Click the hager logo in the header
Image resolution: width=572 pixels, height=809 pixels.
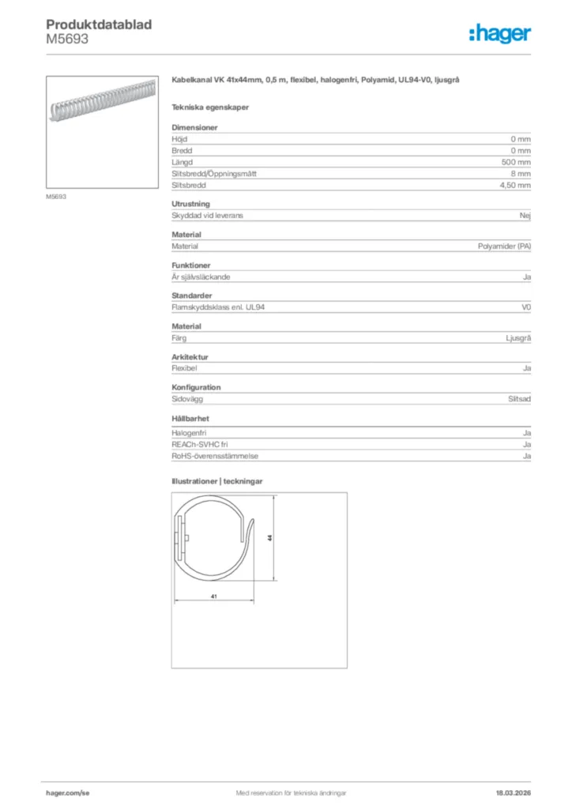tap(499, 33)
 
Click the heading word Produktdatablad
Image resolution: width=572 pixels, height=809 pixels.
tap(99, 24)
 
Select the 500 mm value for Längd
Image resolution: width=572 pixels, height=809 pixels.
tap(516, 161)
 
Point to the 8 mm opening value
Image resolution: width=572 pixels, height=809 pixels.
tap(521, 173)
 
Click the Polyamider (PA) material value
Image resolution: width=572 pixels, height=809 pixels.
tap(504, 246)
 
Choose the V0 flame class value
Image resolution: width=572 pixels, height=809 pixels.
tap(526, 307)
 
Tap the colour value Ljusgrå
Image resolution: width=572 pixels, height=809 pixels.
tap(518, 338)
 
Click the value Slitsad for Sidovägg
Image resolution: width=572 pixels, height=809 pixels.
tap(519, 399)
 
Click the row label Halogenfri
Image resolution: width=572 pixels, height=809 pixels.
tap(189, 433)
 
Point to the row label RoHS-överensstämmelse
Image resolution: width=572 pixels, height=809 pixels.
tap(215, 456)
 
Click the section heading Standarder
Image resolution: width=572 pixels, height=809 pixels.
tap(192, 295)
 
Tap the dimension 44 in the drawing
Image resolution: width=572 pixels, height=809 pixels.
tap(270, 537)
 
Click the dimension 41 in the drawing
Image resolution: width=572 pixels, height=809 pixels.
tap(214, 596)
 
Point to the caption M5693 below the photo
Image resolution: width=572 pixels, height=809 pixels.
tap(55, 197)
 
